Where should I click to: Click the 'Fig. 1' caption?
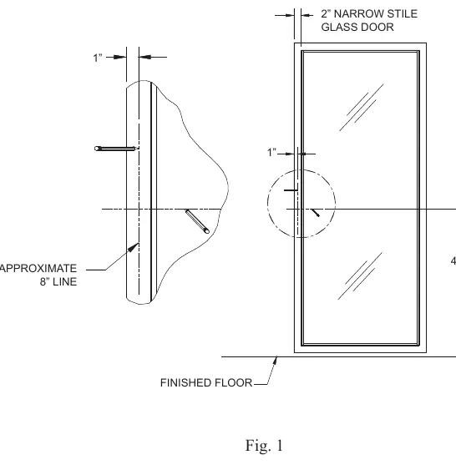coord(264,446)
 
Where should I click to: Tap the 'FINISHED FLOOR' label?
coord(206,383)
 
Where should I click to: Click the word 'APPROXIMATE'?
coord(38,268)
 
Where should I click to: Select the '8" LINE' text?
coord(58,282)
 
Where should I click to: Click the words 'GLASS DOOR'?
coord(357,27)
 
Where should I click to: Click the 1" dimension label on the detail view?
coord(98,58)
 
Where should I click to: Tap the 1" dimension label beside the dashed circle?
coord(271,152)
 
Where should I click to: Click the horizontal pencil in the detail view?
coord(116,149)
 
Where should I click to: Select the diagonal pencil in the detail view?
coord(197,221)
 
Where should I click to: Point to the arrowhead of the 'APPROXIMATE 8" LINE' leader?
coord(134,247)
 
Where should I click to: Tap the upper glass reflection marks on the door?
coord(362,108)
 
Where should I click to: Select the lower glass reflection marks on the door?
coord(360,275)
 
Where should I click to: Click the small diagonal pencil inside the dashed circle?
coord(315,213)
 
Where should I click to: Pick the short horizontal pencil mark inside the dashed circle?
coord(291,190)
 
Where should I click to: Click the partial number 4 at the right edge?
coord(453,260)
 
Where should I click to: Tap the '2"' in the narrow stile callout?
coord(326,14)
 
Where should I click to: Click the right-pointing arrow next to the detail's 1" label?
coord(117,57)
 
